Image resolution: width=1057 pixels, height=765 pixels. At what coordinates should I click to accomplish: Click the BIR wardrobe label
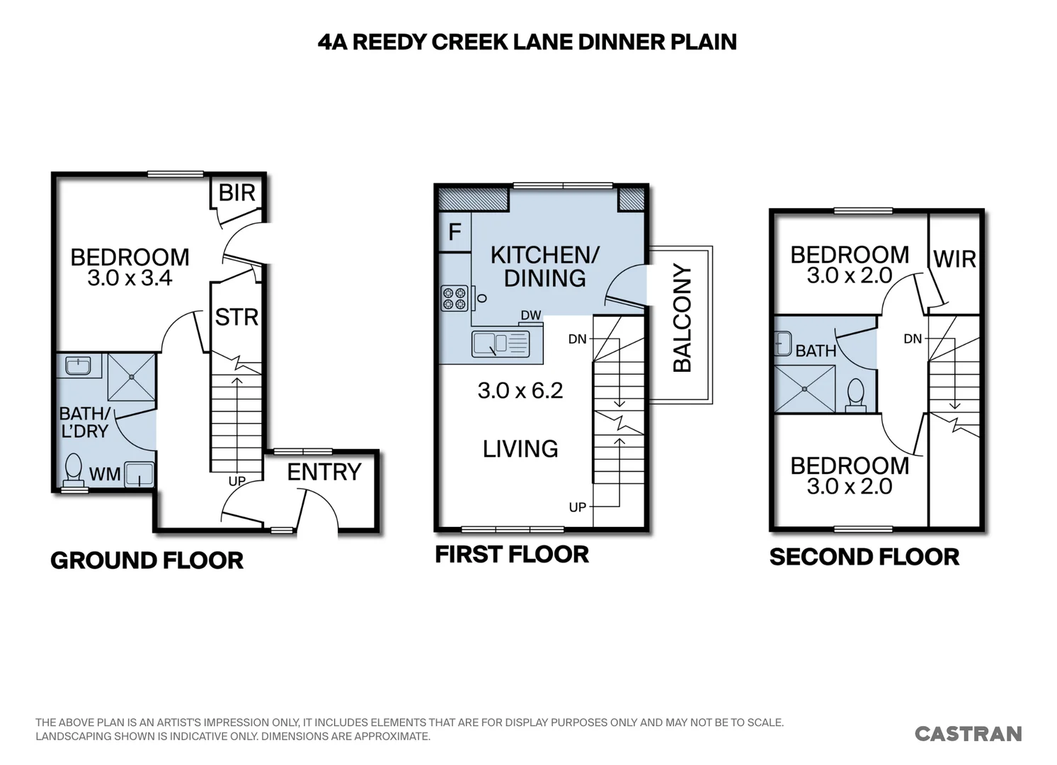(237, 193)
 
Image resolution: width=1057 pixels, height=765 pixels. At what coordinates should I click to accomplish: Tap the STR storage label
(236, 317)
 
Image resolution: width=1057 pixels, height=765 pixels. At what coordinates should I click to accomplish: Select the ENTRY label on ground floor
(324, 472)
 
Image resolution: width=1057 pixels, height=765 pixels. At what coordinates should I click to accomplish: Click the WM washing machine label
(105, 474)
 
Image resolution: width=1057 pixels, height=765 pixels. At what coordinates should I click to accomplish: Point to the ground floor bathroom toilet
(73, 470)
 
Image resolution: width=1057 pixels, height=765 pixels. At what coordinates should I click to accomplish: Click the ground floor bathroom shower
(132, 377)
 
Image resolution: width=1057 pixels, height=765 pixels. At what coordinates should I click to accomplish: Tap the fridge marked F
(455, 232)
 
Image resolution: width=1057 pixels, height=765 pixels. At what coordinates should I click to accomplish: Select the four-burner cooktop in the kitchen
(455, 298)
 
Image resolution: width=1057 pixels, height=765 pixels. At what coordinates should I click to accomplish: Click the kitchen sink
(501, 344)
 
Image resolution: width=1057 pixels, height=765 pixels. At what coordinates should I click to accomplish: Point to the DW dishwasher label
(531, 315)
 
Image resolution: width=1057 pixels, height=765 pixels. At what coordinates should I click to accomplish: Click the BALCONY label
(682, 318)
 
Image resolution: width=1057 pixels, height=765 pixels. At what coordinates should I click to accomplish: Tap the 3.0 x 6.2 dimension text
(520, 391)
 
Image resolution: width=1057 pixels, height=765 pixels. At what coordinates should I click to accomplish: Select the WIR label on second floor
(954, 259)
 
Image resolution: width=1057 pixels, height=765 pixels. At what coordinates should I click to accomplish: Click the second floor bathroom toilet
(855, 396)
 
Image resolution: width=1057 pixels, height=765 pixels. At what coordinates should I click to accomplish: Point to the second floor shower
(804, 389)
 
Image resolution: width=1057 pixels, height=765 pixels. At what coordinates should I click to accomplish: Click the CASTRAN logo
(969, 734)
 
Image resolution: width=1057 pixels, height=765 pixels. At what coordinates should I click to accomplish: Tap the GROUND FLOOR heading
(147, 560)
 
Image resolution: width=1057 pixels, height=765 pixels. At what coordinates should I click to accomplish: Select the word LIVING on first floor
(520, 448)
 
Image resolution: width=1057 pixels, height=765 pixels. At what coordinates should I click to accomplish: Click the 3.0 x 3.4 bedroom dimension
(130, 278)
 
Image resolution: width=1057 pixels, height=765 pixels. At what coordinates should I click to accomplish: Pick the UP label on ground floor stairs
(237, 481)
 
